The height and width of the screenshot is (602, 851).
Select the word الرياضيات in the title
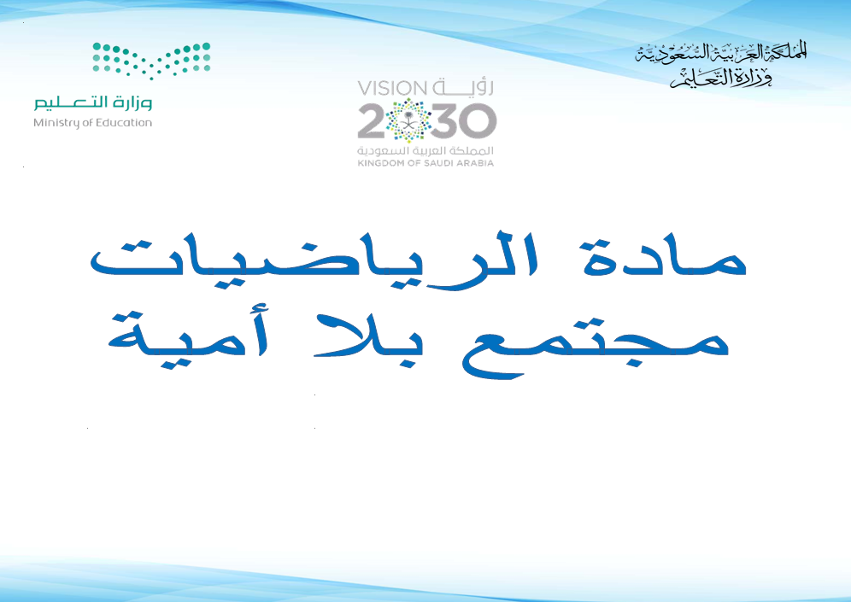314,256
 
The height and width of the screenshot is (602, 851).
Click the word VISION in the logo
392,88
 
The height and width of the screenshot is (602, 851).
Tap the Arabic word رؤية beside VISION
463,87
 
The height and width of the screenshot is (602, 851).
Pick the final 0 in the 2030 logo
478,120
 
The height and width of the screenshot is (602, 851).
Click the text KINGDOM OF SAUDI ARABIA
425,163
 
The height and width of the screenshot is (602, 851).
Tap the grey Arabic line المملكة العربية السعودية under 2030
425,150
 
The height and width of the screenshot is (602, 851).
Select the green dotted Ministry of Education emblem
151,61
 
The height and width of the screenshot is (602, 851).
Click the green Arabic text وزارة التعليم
93,102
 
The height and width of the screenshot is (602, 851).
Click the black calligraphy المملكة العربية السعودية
721,53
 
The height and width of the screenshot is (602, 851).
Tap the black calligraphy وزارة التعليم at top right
721,79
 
